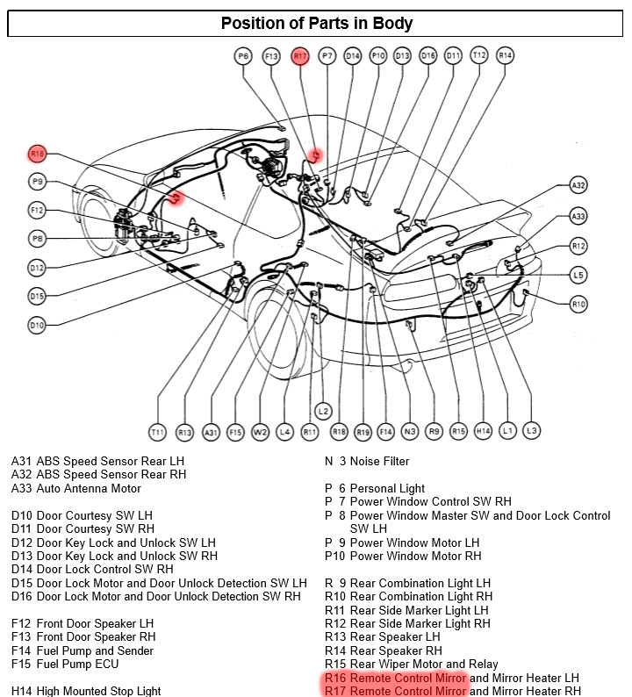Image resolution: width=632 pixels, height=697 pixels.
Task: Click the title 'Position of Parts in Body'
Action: (x=316, y=24)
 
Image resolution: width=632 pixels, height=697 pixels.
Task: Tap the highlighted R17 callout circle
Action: (x=300, y=56)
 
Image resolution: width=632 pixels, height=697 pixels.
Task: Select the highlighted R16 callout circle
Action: (x=37, y=154)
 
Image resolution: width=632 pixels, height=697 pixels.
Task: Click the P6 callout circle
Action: (x=243, y=56)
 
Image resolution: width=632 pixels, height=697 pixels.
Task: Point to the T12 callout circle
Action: (x=478, y=55)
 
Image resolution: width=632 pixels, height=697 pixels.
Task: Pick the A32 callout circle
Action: (x=578, y=185)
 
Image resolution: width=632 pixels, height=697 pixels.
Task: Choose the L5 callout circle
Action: (x=578, y=275)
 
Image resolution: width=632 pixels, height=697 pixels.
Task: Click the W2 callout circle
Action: (x=260, y=432)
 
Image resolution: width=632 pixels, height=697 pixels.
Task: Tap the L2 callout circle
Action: (x=323, y=411)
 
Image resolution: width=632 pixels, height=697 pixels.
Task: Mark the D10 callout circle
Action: (x=37, y=326)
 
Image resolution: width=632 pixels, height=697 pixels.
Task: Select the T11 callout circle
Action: (x=157, y=432)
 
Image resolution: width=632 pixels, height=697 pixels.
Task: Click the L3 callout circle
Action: (x=531, y=431)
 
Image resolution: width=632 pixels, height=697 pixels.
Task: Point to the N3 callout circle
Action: (x=409, y=432)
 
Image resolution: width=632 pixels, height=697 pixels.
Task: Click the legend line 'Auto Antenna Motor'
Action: (x=88, y=488)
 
